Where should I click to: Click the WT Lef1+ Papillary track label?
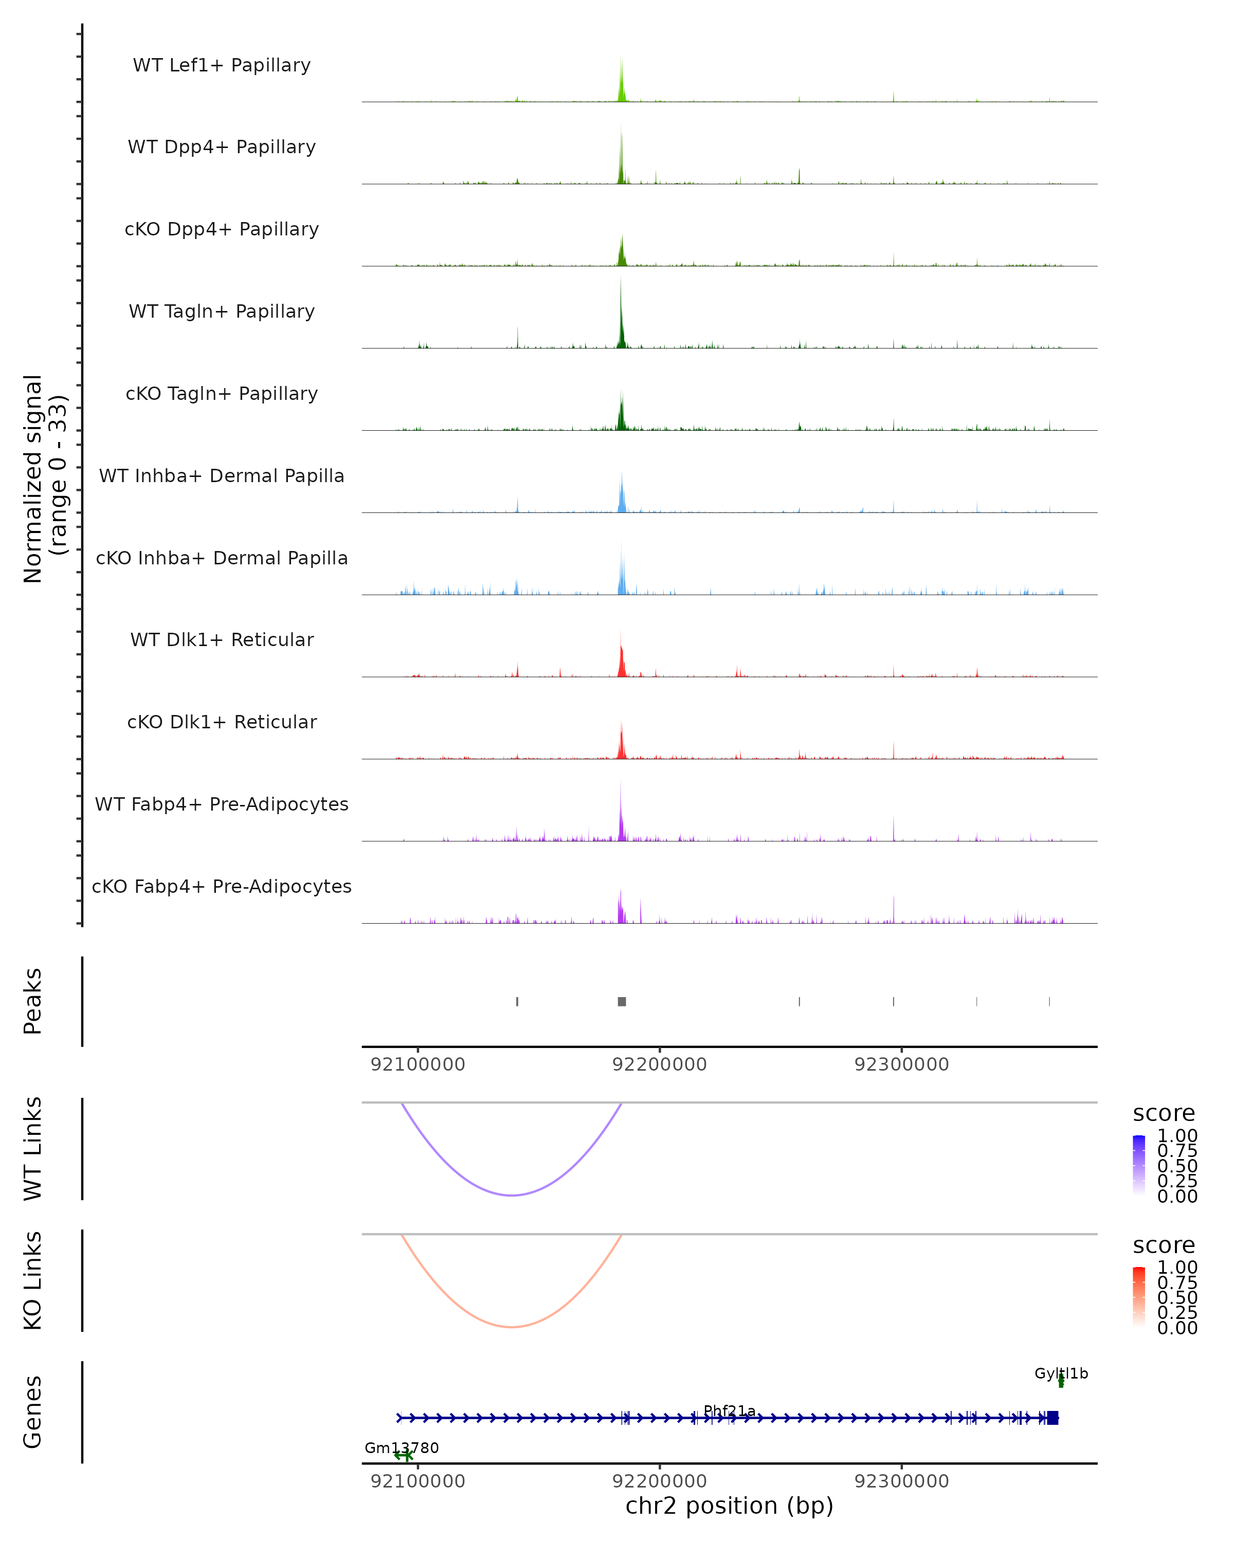pos(222,65)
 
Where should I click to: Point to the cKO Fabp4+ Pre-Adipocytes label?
pos(222,886)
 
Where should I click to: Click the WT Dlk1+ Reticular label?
pos(222,639)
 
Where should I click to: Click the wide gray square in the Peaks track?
pos(622,1001)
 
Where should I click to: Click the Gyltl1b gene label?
pos(1061,1373)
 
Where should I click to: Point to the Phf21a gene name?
pos(729,1410)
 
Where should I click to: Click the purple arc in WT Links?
pos(512,1195)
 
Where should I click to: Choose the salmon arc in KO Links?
pos(512,1327)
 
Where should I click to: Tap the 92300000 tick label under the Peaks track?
pos(901,1064)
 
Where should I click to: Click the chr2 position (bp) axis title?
pos(729,1506)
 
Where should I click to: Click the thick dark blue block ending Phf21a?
pos(1052,1418)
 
